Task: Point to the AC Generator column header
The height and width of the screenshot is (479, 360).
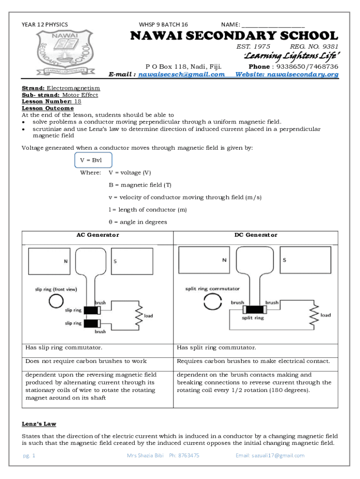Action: click(x=98, y=235)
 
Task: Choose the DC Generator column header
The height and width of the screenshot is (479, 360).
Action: click(x=256, y=235)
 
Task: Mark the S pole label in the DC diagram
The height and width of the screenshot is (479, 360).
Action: click(x=284, y=260)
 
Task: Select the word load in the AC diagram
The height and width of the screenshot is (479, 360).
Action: click(x=148, y=316)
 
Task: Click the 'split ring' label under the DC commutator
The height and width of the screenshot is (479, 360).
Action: click(x=252, y=318)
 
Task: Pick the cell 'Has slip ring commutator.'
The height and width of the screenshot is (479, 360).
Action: click(x=64, y=348)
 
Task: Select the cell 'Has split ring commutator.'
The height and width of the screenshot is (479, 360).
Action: click(x=216, y=348)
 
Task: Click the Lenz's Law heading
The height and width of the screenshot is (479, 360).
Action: click(x=39, y=424)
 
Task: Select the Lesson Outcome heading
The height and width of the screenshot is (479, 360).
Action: click(x=48, y=108)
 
